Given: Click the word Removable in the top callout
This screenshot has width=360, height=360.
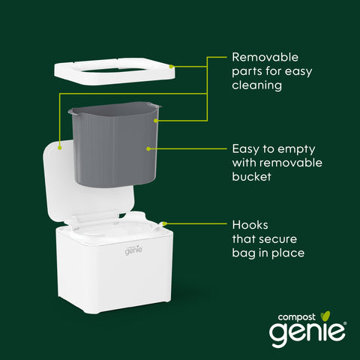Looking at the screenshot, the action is [x=265, y=57].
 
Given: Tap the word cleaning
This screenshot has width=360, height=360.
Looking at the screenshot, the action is [x=257, y=85].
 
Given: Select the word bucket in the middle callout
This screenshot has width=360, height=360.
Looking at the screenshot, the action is [x=251, y=177].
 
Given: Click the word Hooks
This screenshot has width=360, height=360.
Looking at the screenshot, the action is [x=250, y=225].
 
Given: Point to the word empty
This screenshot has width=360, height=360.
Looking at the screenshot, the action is [x=296, y=150].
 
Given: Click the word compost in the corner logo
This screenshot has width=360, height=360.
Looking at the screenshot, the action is [x=296, y=318].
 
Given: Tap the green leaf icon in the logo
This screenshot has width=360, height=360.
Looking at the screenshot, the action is [x=325, y=316].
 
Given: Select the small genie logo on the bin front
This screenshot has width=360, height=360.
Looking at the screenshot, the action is [x=133, y=250].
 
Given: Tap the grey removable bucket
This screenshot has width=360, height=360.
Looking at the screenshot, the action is [x=114, y=144].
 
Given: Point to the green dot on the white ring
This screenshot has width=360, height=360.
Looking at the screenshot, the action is [x=171, y=67].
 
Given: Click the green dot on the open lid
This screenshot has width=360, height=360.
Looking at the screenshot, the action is [x=59, y=148].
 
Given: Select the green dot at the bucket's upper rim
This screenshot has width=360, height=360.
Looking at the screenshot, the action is [x=156, y=121].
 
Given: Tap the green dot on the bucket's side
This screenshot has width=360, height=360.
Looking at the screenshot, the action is [x=148, y=148].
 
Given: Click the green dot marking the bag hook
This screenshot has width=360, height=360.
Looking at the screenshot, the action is [x=164, y=223].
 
